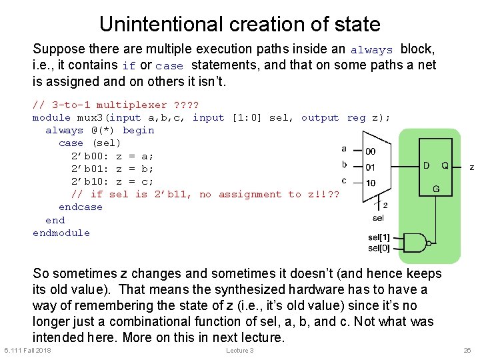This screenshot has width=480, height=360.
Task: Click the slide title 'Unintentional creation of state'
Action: tap(239, 24)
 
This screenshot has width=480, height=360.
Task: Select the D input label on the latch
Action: tap(426, 165)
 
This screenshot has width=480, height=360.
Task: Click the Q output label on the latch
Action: tap(445, 165)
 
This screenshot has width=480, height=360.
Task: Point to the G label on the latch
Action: tap(436, 189)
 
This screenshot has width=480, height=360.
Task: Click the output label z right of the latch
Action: tap(471, 167)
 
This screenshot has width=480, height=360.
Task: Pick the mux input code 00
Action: tap(370, 152)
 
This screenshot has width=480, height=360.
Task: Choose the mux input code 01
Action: tap(370, 167)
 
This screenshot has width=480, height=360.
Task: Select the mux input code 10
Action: tap(370, 182)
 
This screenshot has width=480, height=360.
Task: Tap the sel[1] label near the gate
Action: tap(379, 237)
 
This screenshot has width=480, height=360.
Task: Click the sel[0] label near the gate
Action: tap(379, 248)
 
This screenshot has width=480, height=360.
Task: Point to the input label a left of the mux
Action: tap(344, 149)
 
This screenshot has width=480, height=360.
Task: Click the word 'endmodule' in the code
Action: tap(61, 233)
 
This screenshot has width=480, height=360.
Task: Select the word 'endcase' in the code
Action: tap(80, 207)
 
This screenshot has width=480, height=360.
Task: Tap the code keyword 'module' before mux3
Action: tap(51, 117)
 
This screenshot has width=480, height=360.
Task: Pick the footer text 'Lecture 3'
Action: tap(239, 351)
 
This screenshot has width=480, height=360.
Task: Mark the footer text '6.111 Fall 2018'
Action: tap(27, 351)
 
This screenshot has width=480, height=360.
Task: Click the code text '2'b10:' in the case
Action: tap(90, 181)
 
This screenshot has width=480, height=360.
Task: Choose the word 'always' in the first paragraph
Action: tap(371, 50)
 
